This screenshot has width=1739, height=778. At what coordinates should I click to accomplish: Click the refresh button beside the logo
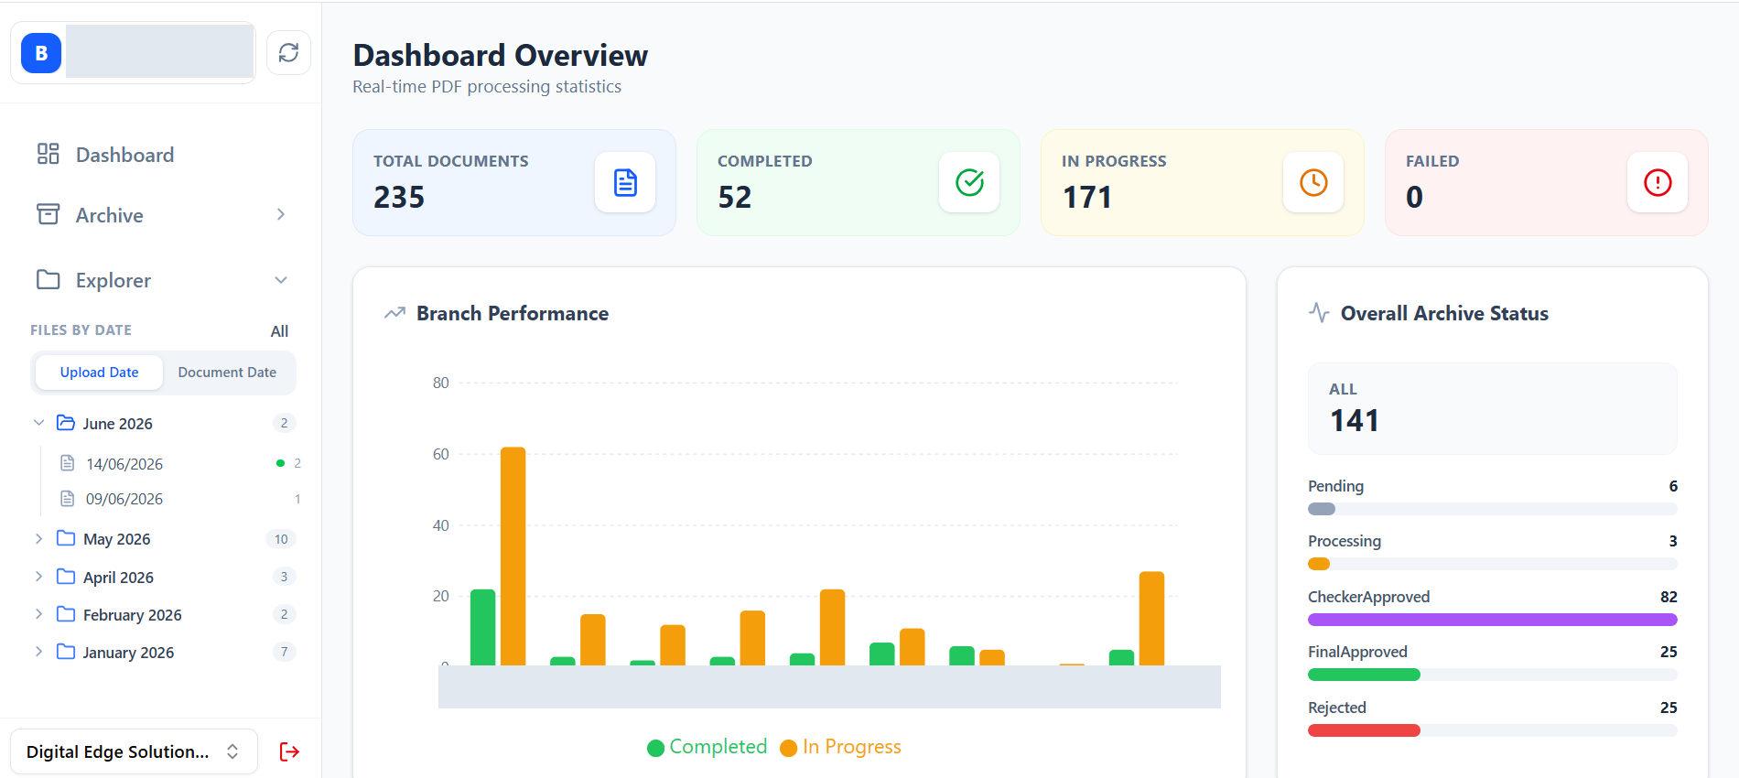pyautogui.click(x=288, y=53)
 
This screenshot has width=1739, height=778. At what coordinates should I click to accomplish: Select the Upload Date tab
pyautogui.click(x=99, y=373)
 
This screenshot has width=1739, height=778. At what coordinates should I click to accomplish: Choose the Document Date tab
pyautogui.click(x=227, y=373)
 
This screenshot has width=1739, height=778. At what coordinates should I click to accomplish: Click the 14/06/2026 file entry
pyautogui.click(x=124, y=464)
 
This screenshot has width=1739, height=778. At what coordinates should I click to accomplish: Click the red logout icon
pyautogui.click(x=289, y=751)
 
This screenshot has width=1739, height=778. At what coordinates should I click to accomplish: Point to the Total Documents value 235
pyautogui.click(x=399, y=197)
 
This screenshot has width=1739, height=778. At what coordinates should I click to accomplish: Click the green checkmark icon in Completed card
pyautogui.click(x=969, y=182)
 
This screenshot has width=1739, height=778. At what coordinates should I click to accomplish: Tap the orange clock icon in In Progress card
pyautogui.click(x=1313, y=182)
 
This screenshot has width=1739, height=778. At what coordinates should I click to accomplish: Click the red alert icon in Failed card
pyautogui.click(x=1658, y=182)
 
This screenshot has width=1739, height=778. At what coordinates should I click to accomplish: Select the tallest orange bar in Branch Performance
pyautogui.click(x=513, y=556)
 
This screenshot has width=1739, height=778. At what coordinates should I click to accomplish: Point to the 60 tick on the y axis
pyautogui.click(x=441, y=454)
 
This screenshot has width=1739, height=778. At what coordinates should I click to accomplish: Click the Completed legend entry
pyautogui.click(x=707, y=747)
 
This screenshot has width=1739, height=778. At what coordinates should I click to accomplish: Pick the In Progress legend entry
pyautogui.click(x=840, y=747)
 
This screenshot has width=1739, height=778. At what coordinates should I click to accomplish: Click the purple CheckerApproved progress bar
pyautogui.click(x=1493, y=620)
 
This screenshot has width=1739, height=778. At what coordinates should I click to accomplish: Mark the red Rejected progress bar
pyautogui.click(x=1364, y=730)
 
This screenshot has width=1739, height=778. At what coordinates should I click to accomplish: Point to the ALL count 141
pyautogui.click(x=1355, y=420)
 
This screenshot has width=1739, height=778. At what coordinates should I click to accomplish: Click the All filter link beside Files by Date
pyautogui.click(x=279, y=331)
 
